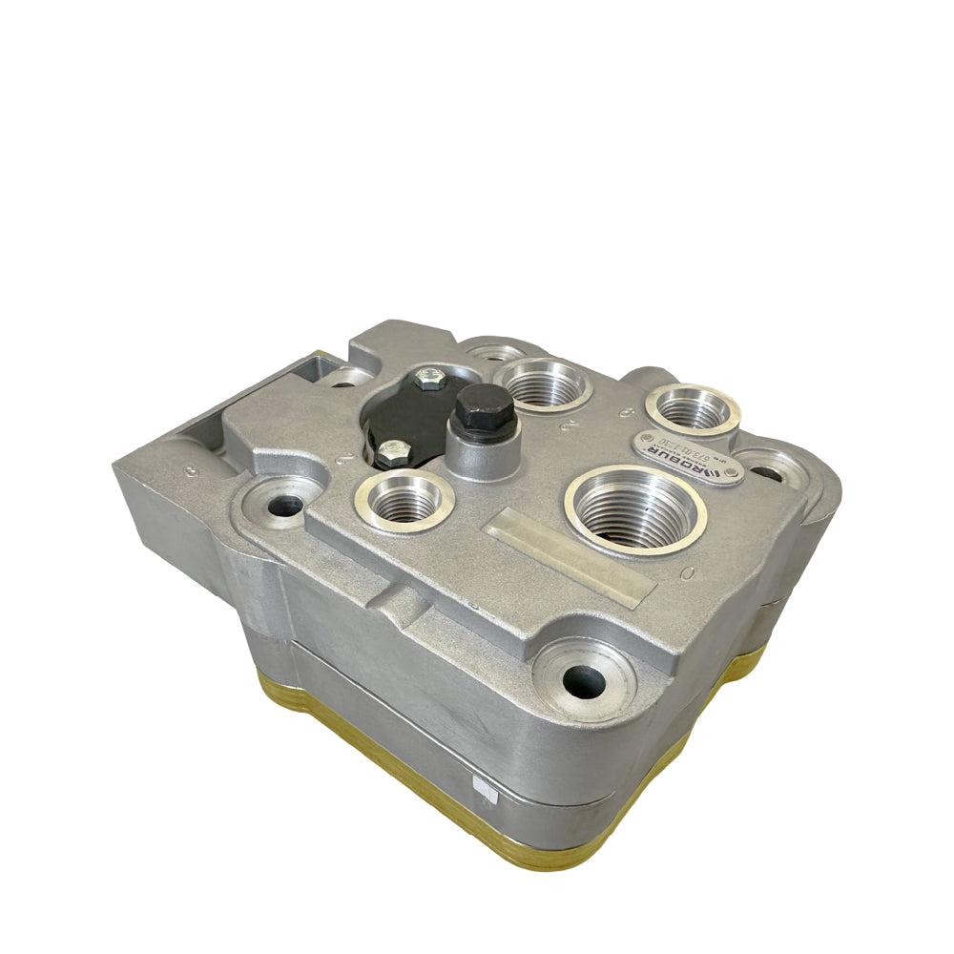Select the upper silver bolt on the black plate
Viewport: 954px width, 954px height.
[427, 380]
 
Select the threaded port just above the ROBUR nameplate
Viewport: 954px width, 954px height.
[694, 408]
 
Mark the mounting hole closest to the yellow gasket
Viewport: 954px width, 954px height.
[584, 679]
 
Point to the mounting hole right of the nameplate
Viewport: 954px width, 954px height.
[771, 470]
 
